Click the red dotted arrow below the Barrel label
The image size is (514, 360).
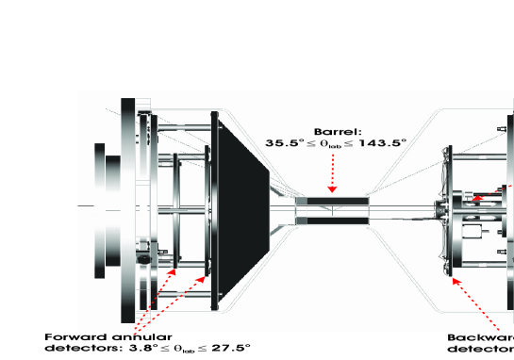(x=332, y=174)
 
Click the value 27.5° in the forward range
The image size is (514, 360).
(x=230, y=348)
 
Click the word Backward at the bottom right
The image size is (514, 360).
(x=481, y=336)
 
